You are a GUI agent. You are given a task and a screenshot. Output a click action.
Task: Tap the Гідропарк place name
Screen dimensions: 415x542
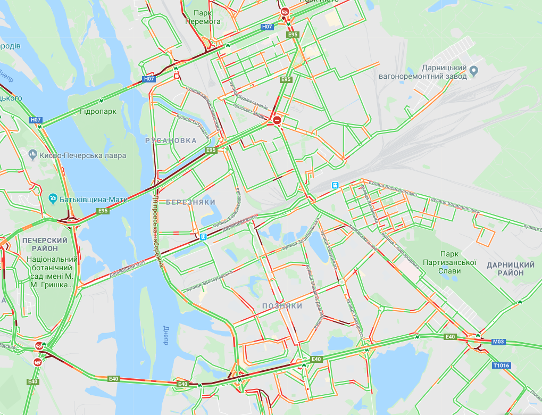[95, 111]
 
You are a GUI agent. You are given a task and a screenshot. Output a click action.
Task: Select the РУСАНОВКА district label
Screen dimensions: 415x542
[171, 140]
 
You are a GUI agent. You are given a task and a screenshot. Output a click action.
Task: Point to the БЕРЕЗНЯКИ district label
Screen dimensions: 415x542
[190, 203]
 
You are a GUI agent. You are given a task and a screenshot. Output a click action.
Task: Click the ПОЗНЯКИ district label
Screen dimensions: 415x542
[282, 306]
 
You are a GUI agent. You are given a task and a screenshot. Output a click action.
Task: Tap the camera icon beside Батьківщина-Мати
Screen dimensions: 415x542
[53, 199]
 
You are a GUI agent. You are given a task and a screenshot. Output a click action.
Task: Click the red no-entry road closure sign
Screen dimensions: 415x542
[277, 121]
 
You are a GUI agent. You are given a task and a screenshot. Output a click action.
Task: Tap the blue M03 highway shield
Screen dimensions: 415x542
[498, 342]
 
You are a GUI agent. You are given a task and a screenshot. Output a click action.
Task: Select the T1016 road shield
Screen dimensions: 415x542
[501, 366]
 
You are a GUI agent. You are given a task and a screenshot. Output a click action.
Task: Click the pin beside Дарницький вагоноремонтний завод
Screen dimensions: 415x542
[474, 70]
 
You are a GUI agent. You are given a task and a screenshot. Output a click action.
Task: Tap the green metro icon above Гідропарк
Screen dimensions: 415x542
[101, 101]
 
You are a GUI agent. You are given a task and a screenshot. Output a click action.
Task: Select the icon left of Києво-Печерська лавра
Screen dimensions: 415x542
[33, 155]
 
